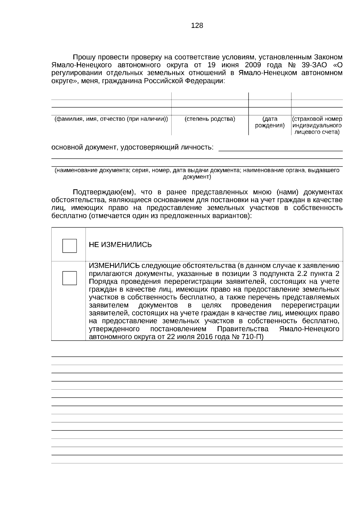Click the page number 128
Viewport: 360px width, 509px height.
(x=197, y=26)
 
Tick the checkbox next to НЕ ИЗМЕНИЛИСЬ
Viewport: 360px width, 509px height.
(x=69, y=246)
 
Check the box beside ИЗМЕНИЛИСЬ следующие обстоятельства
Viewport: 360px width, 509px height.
(x=69, y=278)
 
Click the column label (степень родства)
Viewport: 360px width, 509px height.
(x=210, y=119)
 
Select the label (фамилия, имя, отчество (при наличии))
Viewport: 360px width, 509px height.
(x=111, y=119)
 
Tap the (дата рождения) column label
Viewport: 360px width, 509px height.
(x=270, y=122)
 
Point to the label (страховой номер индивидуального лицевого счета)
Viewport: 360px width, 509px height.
(x=317, y=125)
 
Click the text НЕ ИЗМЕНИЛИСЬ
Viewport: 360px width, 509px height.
(x=120, y=245)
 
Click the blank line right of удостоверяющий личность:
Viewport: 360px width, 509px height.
(x=280, y=148)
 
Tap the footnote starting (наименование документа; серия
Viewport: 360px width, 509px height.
(x=197, y=174)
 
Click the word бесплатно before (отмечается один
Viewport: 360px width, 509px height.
(x=69, y=216)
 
